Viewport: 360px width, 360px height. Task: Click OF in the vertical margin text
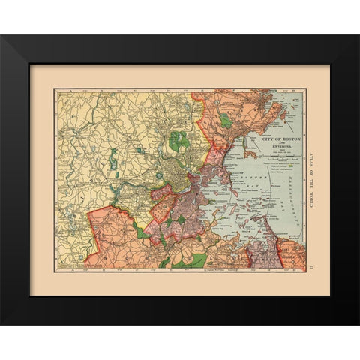point(310,166)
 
